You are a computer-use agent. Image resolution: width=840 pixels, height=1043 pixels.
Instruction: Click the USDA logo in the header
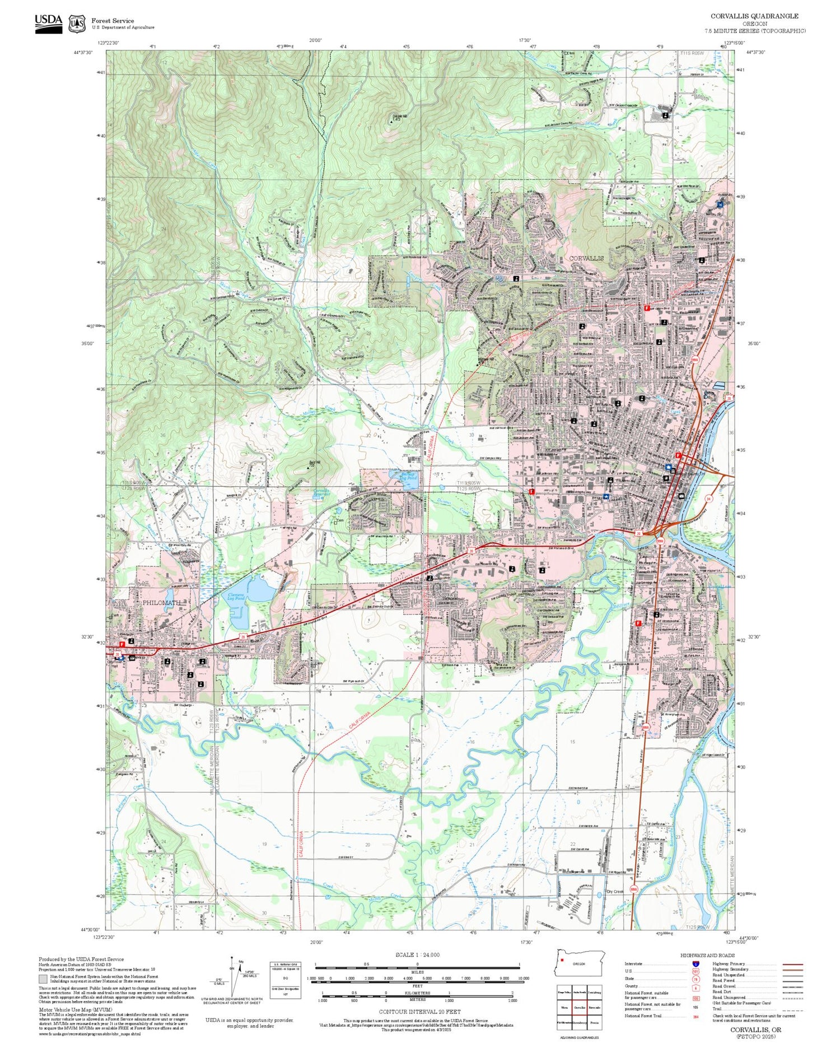click(x=48, y=24)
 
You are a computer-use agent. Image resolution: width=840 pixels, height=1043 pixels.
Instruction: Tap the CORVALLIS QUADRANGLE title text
click(x=754, y=16)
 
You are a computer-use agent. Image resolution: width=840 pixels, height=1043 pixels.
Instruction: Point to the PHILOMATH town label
click(x=162, y=603)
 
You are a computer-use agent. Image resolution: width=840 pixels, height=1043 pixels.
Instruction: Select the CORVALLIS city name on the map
click(x=586, y=258)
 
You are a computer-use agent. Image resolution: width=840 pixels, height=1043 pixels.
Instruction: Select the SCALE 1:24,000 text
click(x=417, y=955)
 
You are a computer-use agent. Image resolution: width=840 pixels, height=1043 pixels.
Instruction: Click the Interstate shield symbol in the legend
click(x=696, y=963)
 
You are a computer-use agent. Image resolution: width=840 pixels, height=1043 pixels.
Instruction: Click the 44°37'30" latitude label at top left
click(x=82, y=52)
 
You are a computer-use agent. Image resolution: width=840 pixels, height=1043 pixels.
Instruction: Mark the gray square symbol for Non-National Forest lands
click(x=43, y=979)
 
